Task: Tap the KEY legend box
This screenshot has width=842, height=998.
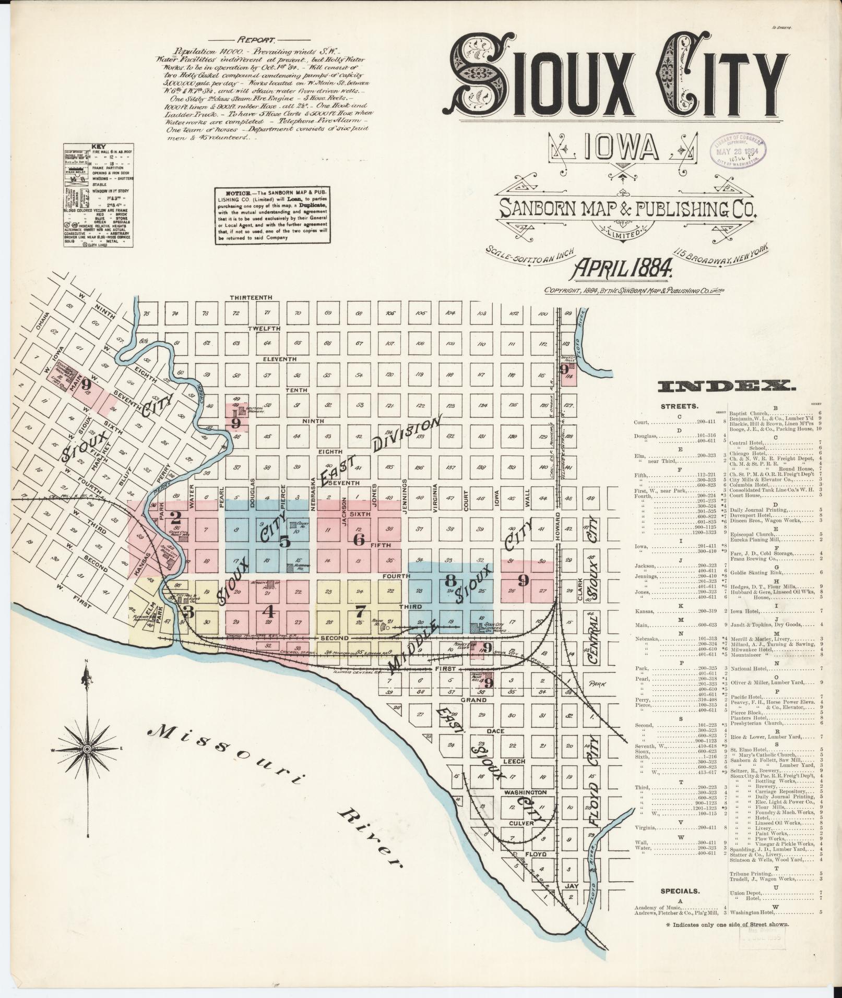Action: (x=99, y=195)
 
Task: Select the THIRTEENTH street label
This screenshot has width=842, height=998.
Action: (x=252, y=297)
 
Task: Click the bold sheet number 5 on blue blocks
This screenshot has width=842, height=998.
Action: (x=284, y=541)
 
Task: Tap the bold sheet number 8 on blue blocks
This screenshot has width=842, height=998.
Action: (x=450, y=580)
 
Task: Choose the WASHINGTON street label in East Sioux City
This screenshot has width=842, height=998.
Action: (x=525, y=792)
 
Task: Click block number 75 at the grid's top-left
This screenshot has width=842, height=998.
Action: (x=147, y=314)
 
